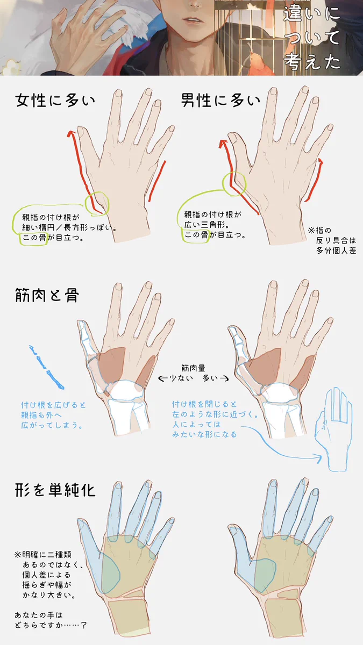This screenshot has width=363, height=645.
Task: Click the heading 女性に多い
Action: coord(55,101)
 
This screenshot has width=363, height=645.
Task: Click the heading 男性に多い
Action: coord(220,101)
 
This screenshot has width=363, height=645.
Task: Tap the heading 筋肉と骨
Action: coord(47,295)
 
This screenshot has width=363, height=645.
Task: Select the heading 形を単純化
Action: coord(55,490)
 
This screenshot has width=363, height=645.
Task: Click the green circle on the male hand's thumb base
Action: coord(234,183)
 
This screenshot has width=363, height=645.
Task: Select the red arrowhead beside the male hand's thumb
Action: coord(223,143)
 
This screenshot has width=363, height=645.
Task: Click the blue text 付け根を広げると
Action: coord(54,404)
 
